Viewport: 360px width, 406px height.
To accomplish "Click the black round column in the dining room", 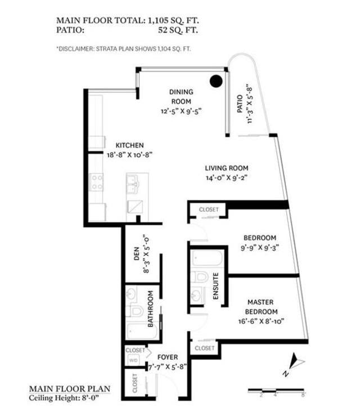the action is coord(216,81).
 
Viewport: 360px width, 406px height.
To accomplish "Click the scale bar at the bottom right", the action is coord(276,390).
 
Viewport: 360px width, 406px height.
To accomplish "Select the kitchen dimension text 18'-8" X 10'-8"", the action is coord(129,155).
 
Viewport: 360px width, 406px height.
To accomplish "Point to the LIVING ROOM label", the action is coord(227,168).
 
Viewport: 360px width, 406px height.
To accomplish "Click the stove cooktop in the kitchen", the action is coord(96,182).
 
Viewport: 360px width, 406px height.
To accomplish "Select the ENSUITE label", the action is coord(215,286).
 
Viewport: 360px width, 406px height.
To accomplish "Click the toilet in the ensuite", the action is coord(200,277).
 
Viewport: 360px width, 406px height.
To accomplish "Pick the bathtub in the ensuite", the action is coord(207,258).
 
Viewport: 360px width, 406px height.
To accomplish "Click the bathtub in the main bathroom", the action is coord(142,332).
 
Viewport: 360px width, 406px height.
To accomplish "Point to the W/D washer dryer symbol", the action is coord(133,360).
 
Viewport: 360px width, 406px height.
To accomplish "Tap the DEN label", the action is coord(137,254).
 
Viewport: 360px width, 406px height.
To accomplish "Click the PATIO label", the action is coord(240,104).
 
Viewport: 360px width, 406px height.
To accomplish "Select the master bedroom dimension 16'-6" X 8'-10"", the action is coord(261,322).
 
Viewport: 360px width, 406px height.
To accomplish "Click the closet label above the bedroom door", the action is coord(209,209).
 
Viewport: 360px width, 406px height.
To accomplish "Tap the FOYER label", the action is coord(168,358).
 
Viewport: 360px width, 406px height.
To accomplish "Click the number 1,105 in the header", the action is coord(158,20).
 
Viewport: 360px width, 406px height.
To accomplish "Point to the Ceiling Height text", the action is coord(64,398).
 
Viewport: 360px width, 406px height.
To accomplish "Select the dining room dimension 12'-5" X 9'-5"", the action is coord(181,111).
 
